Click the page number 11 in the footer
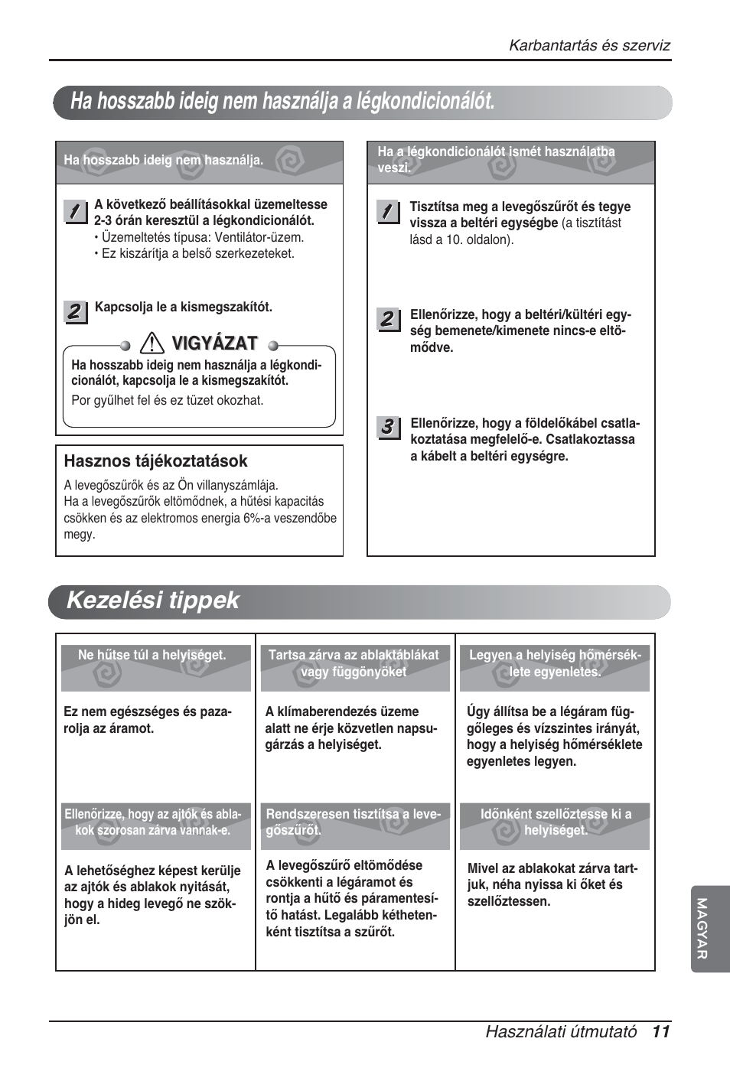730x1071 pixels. [x=661, y=1031]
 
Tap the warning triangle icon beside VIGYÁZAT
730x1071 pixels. [x=152, y=343]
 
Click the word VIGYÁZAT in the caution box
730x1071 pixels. [x=214, y=343]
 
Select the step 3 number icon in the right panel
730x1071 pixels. [x=388, y=427]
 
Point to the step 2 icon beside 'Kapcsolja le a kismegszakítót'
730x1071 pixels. [x=75, y=311]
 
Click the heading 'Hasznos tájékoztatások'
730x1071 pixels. [x=155, y=461]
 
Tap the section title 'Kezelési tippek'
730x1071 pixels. [x=153, y=601]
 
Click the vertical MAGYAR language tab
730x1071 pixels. [x=702, y=928]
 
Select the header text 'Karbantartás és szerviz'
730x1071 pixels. [x=589, y=45]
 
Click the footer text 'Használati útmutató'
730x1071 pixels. [x=560, y=1031]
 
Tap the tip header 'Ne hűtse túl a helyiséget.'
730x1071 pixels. [x=152, y=656]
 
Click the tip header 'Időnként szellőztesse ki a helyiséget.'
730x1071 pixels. [x=556, y=822]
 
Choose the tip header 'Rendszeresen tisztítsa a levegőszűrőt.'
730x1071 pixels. [x=353, y=822]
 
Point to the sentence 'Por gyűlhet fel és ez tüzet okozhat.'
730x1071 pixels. [x=167, y=400]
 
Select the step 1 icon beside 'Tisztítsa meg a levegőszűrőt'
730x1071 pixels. [x=388, y=211]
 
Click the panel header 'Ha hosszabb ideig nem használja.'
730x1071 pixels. [x=163, y=160]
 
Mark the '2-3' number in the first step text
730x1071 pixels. [x=103, y=220]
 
